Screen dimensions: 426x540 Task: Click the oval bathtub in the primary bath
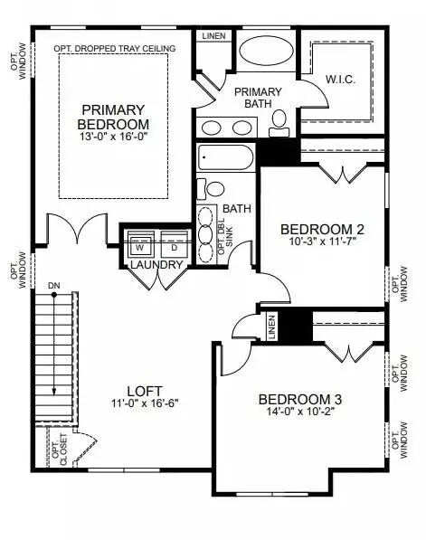[x=266, y=51]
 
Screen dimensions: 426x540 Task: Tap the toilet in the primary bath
[x=279, y=123]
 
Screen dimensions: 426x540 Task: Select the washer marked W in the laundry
[x=140, y=244]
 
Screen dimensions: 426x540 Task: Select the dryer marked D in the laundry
[x=175, y=244]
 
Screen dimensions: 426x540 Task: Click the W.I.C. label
[x=341, y=80]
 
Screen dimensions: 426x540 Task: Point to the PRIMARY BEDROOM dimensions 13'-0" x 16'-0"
[x=114, y=137]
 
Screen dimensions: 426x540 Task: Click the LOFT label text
[x=145, y=392]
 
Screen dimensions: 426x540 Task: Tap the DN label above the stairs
[x=53, y=286]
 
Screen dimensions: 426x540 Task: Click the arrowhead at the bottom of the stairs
[x=54, y=393]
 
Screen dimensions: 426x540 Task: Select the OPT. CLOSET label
[x=60, y=450]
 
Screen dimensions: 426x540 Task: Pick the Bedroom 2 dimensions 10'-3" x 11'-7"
[x=322, y=242]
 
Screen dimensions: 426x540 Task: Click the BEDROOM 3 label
[x=300, y=400]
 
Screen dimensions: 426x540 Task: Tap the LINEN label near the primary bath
[x=213, y=36]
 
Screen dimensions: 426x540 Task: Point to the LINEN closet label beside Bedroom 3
[x=271, y=327]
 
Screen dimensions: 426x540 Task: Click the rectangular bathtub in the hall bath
[x=225, y=157]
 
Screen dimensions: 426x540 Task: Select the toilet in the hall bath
[x=211, y=189]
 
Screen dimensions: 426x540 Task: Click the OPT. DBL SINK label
[x=225, y=236]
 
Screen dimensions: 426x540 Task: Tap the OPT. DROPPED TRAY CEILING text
[x=115, y=49]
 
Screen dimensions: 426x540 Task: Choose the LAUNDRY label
[x=156, y=264]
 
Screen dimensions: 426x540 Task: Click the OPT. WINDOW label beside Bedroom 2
[x=399, y=284]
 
